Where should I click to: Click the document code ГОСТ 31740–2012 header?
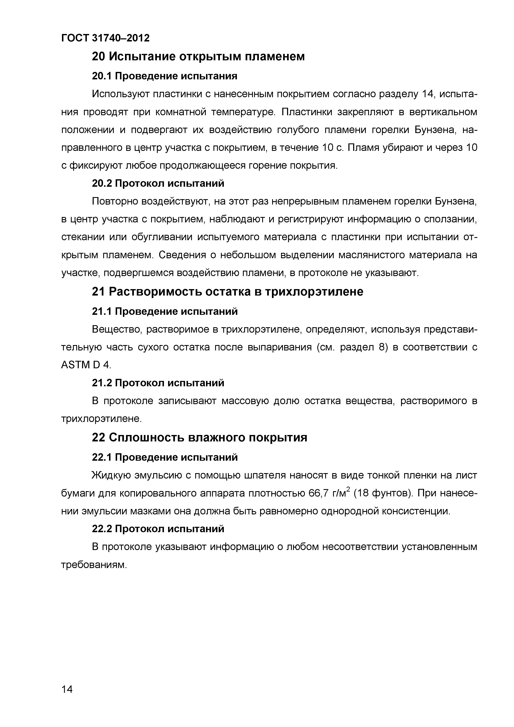[105, 38]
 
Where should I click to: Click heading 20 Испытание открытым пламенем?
[198, 57]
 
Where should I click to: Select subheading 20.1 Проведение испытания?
[164, 76]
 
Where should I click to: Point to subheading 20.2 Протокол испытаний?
[158, 183]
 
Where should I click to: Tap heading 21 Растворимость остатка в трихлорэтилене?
[227, 292]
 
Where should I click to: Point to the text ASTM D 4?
[86, 365]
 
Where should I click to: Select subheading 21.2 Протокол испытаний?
[158, 383]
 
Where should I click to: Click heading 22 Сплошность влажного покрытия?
[200, 438]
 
